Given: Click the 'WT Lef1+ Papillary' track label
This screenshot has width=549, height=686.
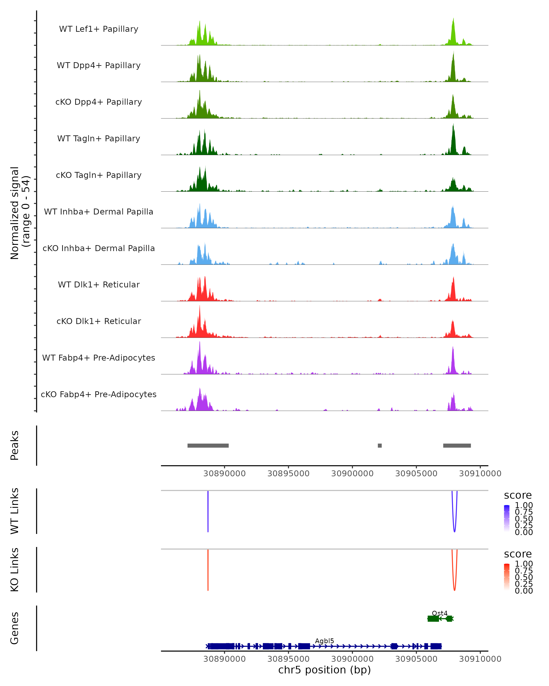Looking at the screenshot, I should tap(99, 29).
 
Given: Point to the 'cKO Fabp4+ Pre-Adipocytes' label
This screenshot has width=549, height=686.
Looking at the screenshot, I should tap(99, 394).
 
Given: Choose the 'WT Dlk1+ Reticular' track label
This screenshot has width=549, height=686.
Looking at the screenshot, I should tap(99, 284).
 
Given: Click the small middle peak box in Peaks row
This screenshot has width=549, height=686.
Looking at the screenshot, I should tap(380, 445).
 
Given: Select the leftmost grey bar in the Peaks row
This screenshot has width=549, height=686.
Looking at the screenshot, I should tap(208, 445).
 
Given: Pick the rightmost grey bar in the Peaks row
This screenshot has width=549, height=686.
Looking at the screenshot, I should tap(457, 445).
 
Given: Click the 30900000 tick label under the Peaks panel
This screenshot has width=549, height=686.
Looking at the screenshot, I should tap(352, 474).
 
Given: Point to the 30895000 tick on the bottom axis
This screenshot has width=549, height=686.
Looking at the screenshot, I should tap(288, 659).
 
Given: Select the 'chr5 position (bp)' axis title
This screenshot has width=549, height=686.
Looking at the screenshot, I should tap(324, 670).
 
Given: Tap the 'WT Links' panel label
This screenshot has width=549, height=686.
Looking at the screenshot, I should tap(15, 511).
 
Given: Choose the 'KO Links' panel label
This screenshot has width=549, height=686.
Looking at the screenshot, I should tap(15, 570).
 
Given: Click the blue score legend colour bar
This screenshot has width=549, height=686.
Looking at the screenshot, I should tap(507, 518).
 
